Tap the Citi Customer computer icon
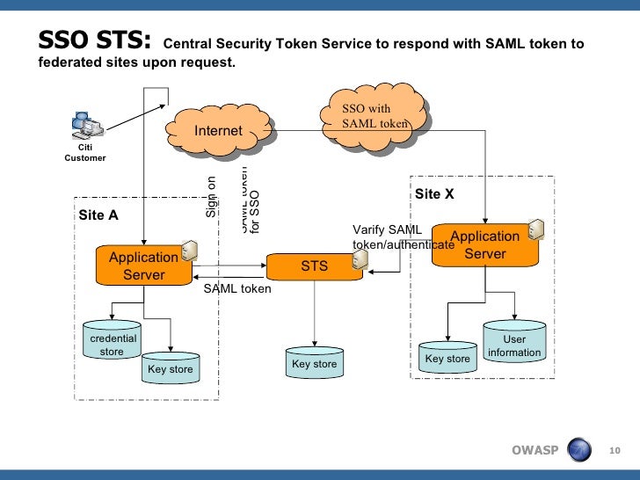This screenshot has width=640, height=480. coord(87,128)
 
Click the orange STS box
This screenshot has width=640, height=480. coord(314,265)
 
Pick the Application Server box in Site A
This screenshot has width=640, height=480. coord(143,266)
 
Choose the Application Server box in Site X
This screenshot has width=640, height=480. coord(484,245)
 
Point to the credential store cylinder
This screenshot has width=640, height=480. coord(112,342)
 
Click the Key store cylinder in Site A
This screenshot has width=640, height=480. coord(170,367)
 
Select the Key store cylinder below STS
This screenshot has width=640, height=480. coord(314,362)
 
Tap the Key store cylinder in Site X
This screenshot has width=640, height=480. coord(447,357)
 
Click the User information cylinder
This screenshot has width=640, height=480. coord(514,344)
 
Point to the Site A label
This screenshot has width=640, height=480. coord(98,214)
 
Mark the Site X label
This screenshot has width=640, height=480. coord(434,193)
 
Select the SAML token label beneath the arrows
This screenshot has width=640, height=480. coord(237,288)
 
